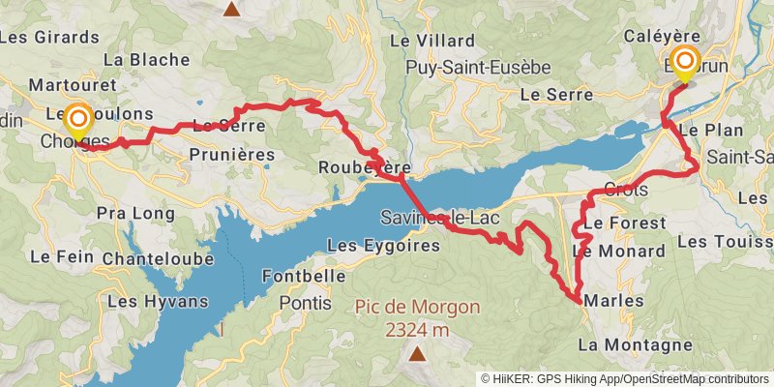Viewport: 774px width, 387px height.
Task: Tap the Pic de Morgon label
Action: (417, 308)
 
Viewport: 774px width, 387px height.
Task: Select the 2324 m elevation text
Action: (417, 330)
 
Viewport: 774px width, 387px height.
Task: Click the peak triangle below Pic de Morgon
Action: (417, 354)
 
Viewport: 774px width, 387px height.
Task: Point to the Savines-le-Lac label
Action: (440, 218)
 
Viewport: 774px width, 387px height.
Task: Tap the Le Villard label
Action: (432, 41)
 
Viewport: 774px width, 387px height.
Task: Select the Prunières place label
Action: (232, 155)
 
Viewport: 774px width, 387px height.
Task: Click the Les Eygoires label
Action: (383, 246)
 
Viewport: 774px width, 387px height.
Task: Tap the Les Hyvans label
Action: (158, 301)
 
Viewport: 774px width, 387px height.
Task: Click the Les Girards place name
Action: (50, 37)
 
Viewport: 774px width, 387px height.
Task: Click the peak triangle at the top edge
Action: (231, 9)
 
